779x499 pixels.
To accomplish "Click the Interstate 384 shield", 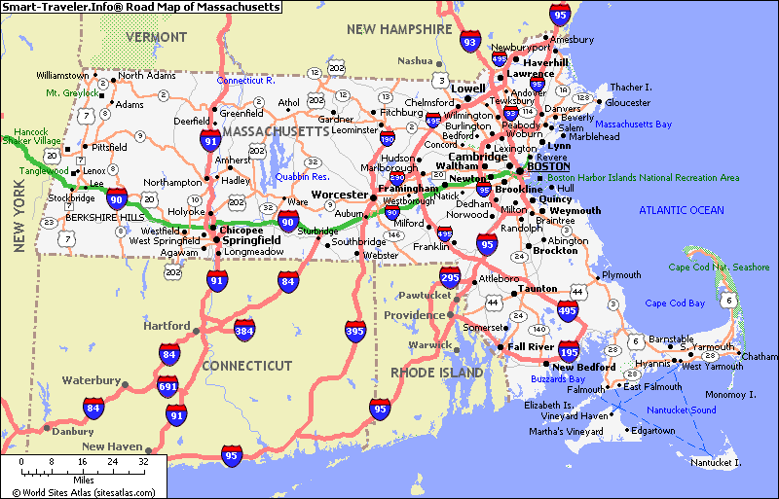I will pyautogui.click(x=244, y=330).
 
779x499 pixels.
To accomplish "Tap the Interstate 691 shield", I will pyautogui.click(x=168, y=386).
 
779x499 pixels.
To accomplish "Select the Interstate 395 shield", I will pyautogui.click(x=355, y=331).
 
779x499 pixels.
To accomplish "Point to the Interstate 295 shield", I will pyautogui.click(x=449, y=277).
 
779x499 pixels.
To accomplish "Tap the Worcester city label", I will pyautogui.click(x=340, y=196).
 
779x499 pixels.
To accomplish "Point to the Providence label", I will pyautogui.click(x=413, y=315).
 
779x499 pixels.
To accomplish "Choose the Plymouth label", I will pyautogui.click(x=622, y=275).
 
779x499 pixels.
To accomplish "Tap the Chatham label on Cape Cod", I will pyautogui.click(x=760, y=357).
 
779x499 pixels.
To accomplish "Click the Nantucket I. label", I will pyautogui.click(x=715, y=462).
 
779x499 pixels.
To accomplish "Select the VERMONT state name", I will pyautogui.click(x=156, y=37).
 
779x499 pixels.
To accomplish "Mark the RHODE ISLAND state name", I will pyautogui.click(x=436, y=373).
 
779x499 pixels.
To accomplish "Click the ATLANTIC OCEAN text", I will pyautogui.click(x=682, y=210).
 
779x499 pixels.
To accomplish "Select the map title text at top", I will pyautogui.click(x=141, y=7).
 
